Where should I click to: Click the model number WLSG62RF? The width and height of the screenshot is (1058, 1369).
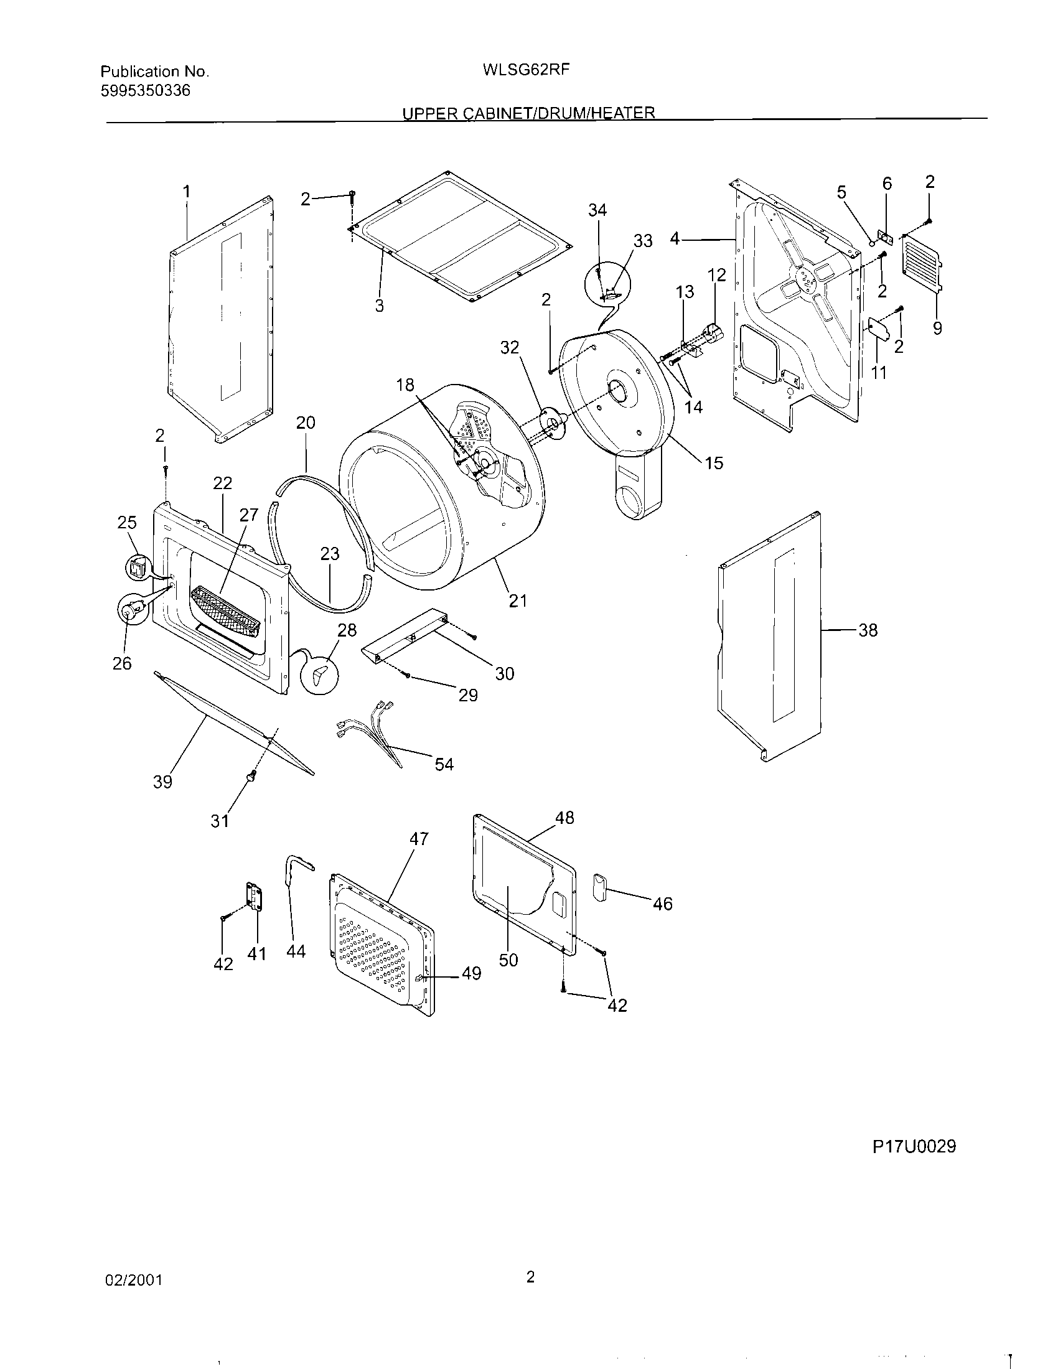click(x=526, y=70)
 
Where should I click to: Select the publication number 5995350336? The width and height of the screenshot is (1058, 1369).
click(x=146, y=91)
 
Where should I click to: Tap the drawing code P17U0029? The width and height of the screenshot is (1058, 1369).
click(x=914, y=1146)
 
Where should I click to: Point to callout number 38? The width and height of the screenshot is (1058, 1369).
click(x=868, y=630)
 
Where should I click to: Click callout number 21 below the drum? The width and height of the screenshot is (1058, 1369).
click(x=518, y=600)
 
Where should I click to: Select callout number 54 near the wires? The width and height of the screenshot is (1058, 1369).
click(x=444, y=764)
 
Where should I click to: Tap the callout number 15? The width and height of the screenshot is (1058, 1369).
click(x=714, y=462)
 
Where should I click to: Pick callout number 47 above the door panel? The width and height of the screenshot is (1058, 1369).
click(x=419, y=839)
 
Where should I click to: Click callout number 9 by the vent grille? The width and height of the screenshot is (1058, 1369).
click(x=937, y=328)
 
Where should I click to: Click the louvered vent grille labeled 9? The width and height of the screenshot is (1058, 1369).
click(x=921, y=263)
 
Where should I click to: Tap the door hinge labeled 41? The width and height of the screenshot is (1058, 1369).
click(x=254, y=897)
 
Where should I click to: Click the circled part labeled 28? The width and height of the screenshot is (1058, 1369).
click(x=320, y=675)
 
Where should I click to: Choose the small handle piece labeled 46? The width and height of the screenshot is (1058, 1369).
click(x=599, y=888)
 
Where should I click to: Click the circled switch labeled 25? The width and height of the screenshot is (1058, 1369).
click(x=137, y=568)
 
